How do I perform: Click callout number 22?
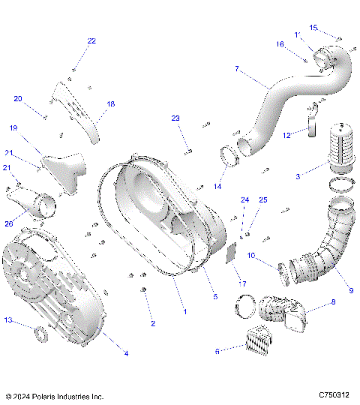click(x=91, y=41)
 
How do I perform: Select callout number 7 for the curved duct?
click(x=238, y=69)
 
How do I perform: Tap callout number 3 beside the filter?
click(x=298, y=176)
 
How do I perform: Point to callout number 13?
click(x=8, y=320)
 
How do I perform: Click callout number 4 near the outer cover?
click(x=125, y=353)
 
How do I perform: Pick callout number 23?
click(x=175, y=118)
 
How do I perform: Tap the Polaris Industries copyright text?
click(x=54, y=396)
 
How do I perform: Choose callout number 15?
click(x=313, y=28)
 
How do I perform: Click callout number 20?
click(x=18, y=98)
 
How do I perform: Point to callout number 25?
click(x=262, y=199)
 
